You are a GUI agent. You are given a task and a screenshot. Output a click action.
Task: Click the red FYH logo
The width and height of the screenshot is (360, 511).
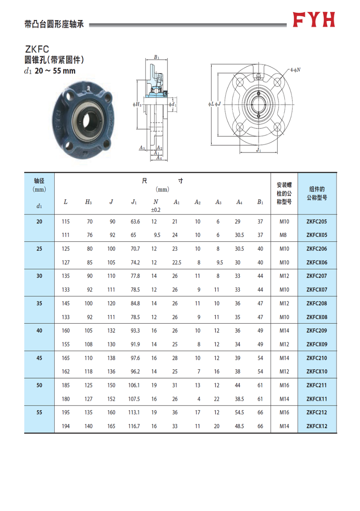[314, 19]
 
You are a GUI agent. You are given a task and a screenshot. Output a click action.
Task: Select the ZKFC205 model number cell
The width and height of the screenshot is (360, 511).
[317, 222]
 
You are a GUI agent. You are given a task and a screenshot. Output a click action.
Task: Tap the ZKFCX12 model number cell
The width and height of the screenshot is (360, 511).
[317, 426]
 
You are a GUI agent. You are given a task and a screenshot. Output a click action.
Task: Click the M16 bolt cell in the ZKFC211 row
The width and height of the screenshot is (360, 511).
[284, 385]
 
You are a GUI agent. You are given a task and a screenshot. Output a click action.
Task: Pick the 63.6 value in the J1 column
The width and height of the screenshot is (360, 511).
[135, 222]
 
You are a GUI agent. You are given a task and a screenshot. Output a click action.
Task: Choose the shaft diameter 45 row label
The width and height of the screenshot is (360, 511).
[39, 358]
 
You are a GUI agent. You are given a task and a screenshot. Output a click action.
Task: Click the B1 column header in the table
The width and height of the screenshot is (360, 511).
[260, 202]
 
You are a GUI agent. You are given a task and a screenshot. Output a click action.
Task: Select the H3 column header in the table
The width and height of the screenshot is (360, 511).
[88, 202]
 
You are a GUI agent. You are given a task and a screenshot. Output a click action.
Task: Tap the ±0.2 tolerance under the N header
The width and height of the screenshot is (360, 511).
[155, 210]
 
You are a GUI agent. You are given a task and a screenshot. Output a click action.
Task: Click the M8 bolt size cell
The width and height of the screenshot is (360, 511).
[284, 235]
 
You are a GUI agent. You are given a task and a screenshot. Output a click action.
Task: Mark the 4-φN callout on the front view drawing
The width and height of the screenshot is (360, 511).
[295, 70]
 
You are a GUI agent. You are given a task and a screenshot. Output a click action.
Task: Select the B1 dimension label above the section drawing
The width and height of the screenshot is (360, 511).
[156, 57]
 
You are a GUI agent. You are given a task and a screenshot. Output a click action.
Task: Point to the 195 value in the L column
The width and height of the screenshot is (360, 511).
[65, 413]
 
